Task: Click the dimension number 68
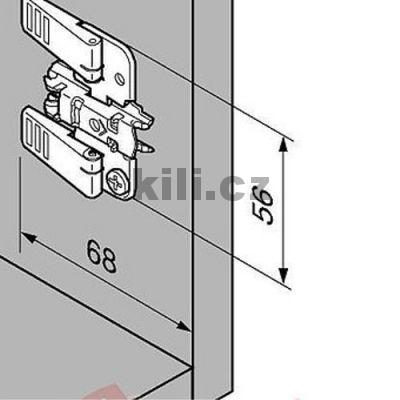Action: [101, 257]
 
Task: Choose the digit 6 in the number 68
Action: [93, 252]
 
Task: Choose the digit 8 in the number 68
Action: [109, 261]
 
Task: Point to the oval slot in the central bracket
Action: [98, 124]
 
